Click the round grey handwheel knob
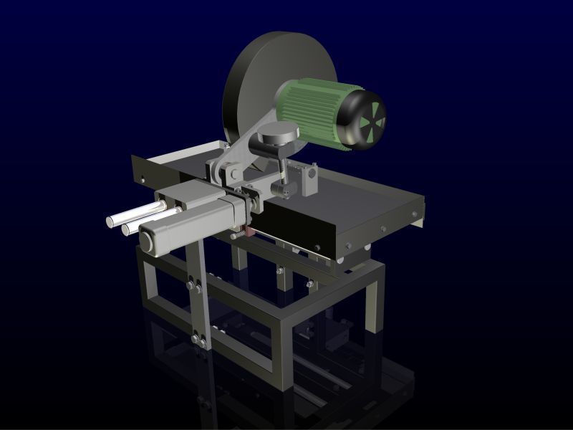pos(278,133)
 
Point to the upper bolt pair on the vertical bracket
pos(194,284)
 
